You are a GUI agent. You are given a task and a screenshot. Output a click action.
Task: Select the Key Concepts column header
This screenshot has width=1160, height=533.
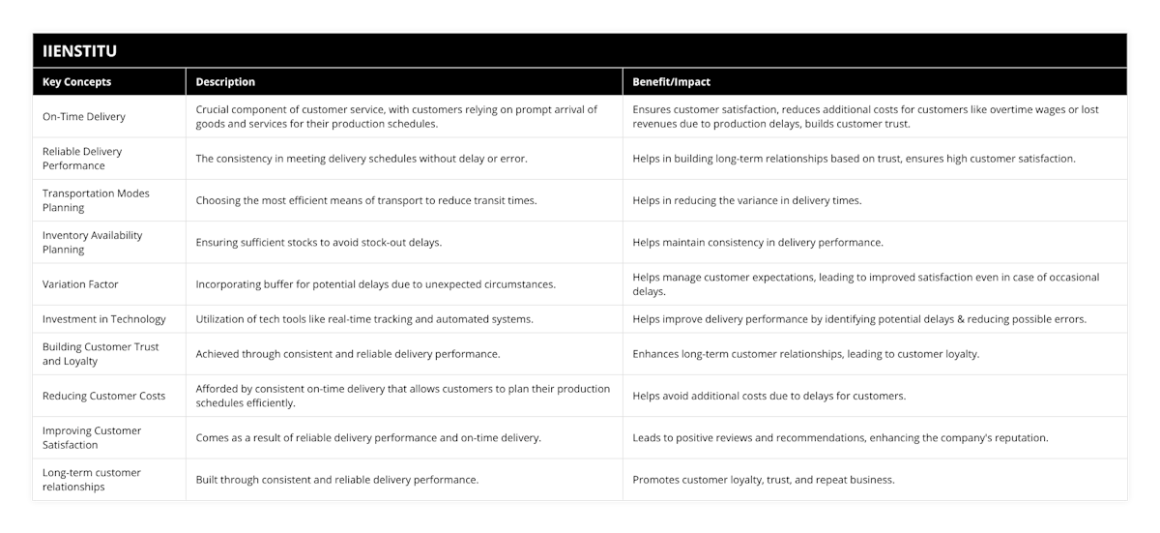[77, 82]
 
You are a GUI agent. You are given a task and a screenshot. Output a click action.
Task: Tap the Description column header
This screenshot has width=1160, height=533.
[225, 82]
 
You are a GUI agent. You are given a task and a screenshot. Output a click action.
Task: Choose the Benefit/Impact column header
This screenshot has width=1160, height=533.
[671, 82]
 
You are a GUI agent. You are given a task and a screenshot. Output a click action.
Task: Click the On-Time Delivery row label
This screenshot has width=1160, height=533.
[83, 117]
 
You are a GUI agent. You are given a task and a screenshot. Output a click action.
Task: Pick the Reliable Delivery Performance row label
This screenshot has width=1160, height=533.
[82, 159]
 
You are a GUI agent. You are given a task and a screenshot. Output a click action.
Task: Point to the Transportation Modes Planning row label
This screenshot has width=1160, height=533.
[96, 200]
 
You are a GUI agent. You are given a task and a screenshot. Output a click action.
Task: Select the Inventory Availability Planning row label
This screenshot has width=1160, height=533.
[92, 242]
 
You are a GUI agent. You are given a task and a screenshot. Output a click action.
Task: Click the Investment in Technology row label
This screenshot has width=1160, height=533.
[104, 319]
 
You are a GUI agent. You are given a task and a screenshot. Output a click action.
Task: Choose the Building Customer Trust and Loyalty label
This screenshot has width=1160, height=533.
[101, 353]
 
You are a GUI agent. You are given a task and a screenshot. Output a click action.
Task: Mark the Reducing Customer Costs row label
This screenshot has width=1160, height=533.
[103, 396]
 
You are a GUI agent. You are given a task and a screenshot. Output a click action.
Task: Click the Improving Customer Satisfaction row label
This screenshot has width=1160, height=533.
[92, 437]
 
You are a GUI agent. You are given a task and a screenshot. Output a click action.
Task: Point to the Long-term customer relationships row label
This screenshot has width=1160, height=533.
[92, 479]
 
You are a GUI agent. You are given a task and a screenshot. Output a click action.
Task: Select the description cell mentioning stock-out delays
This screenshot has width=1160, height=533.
[319, 243]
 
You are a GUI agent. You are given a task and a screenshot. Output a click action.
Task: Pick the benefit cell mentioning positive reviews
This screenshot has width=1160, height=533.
[840, 437]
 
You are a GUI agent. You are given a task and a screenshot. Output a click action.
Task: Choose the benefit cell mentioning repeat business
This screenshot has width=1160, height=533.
[763, 479]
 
